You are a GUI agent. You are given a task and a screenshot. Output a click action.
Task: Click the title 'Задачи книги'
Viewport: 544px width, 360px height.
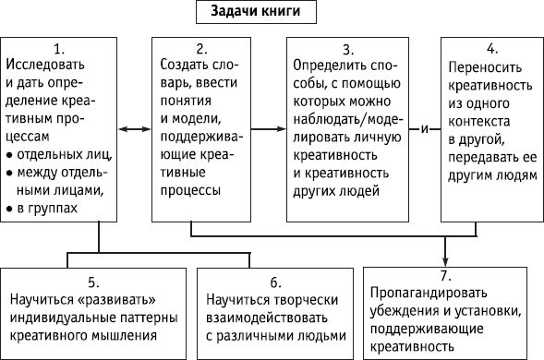(259, 14)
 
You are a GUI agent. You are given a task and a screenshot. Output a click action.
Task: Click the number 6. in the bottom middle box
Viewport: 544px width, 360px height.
(276, 282)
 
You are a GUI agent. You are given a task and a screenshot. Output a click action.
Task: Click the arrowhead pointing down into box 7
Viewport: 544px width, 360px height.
(446, 260)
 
